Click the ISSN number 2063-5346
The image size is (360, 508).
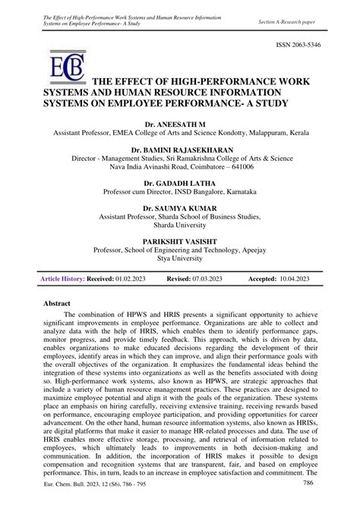pos(314,46)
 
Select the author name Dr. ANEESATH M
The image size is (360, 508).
pos(180,121)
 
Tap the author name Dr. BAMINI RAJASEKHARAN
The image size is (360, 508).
pos(180,151)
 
